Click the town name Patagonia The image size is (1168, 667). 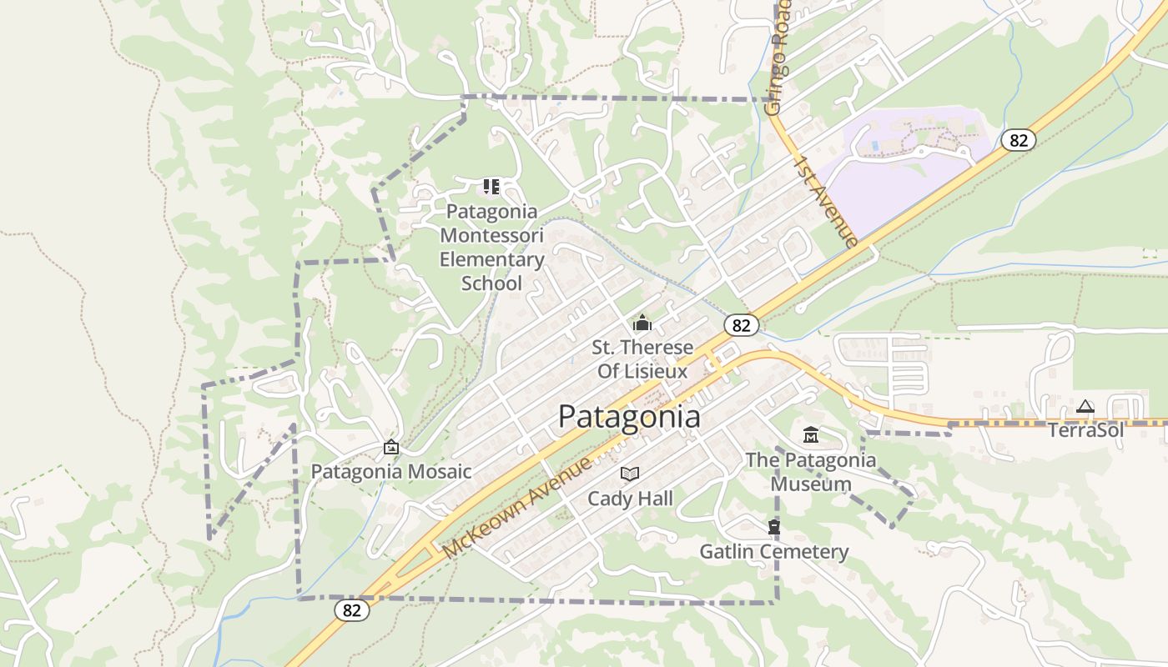click(629, 416)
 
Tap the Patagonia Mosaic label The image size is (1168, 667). click(391, 472)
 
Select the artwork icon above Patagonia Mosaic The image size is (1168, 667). click(391, 448)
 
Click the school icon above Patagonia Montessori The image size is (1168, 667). click(491, 187)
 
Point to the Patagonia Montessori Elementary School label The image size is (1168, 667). click(491, 247)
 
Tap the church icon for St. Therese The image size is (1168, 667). click(642, 323)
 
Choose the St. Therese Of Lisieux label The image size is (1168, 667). click(642, 359)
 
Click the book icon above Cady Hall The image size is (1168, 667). click(630, 474)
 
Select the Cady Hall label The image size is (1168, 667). click(630, 499)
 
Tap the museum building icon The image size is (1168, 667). click(811, 435)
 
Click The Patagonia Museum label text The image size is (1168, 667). click(811, 472)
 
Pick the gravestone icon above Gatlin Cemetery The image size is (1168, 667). click(774, 527)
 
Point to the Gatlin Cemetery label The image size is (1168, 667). click(774, 551)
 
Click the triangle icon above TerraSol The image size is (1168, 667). click(1085, 407)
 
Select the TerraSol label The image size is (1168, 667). click(1085, 430)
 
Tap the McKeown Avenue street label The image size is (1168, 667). click(517, 508)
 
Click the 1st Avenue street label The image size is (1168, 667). click(826, 201)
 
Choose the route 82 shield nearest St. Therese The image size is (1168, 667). click(742, 325)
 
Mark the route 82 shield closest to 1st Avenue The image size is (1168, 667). click(1019, 140)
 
